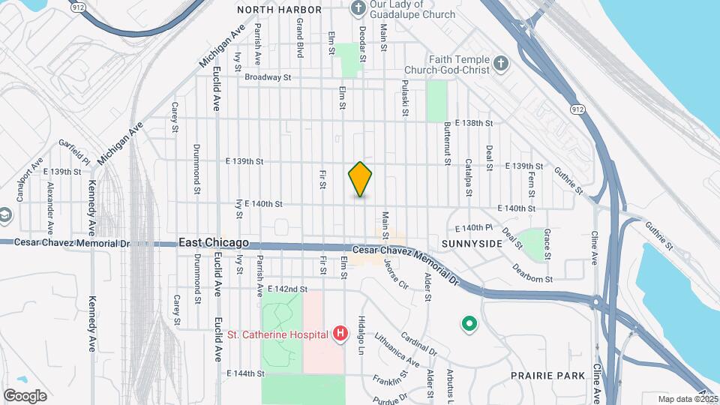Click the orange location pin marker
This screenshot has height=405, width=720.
360,179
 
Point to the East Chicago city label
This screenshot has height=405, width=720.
214,244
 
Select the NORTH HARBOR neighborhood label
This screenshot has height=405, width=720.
279,10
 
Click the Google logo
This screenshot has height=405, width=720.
25,396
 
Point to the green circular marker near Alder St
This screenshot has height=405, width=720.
469,324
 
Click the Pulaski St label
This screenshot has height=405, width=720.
405,98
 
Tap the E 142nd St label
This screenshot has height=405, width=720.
288,289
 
